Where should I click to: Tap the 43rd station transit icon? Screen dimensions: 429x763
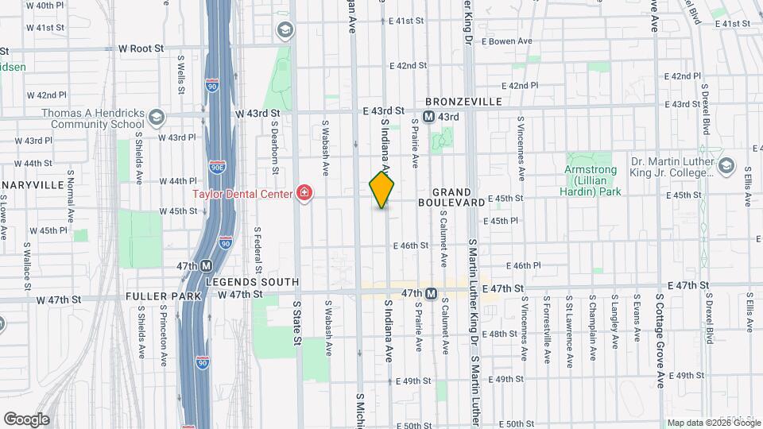[429, 117]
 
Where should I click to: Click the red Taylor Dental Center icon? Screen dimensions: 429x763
[302, 193]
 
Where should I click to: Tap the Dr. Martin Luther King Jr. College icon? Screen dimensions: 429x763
[725, 165]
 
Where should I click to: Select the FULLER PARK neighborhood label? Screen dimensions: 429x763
[157, 296]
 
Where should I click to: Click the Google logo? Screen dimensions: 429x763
[25, 419]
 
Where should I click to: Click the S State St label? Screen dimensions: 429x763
[298, 323]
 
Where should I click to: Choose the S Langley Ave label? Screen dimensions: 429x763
[615, 322]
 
